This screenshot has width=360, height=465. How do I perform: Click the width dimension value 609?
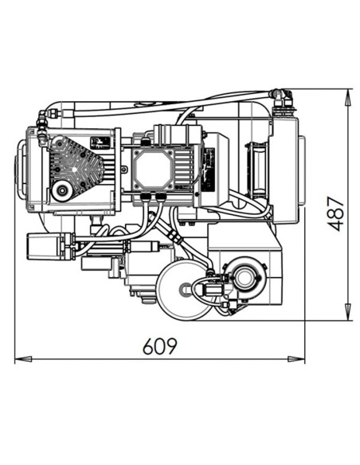coord(159,346)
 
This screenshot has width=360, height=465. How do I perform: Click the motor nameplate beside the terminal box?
coord(209,170)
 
